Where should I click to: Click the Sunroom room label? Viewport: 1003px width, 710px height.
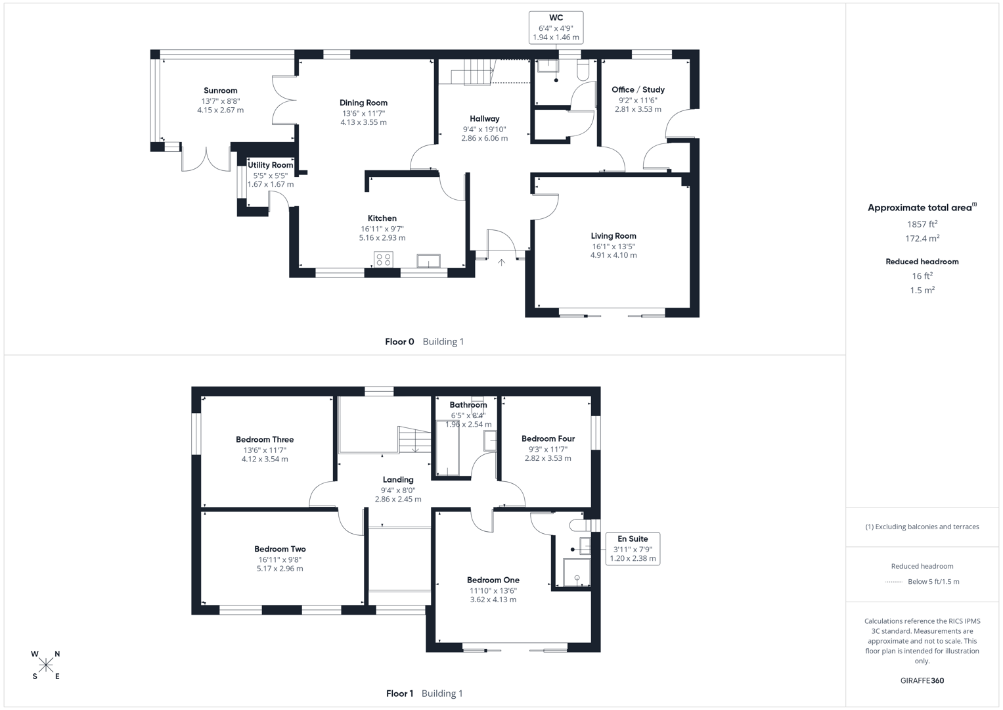click(220, 91)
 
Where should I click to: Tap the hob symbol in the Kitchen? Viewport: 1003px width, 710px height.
click(384, 260)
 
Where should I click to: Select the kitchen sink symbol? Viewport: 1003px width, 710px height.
click(428, 261)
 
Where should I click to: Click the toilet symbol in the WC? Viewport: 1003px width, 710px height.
click(583, 70)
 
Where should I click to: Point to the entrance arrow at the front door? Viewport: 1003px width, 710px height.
click(501, 262)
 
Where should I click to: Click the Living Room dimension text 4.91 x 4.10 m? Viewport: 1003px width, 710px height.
click(613, 255)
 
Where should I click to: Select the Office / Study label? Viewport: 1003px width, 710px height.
click(638, 89)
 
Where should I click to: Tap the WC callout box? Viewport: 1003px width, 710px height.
click(556, 28)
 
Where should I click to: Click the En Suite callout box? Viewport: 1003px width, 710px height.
click(633, 548)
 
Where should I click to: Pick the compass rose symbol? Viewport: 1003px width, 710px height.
click(46, 665)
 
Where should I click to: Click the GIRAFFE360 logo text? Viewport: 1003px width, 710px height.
click(922, 680)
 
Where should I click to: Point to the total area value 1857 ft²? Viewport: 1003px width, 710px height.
click(922, 224)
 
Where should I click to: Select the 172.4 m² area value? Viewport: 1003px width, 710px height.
click(922, 239)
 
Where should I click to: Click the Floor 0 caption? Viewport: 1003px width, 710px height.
click(399, 341)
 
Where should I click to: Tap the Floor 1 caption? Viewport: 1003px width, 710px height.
click(399, 693)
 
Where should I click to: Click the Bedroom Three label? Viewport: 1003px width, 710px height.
click(265, 439)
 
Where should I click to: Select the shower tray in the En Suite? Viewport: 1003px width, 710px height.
click(577, 572)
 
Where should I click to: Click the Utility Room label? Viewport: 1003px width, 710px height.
click(270, 165)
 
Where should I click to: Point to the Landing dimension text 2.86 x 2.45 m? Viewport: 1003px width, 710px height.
click(398, 499)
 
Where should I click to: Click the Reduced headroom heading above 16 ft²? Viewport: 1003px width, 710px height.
click(922, 262)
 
